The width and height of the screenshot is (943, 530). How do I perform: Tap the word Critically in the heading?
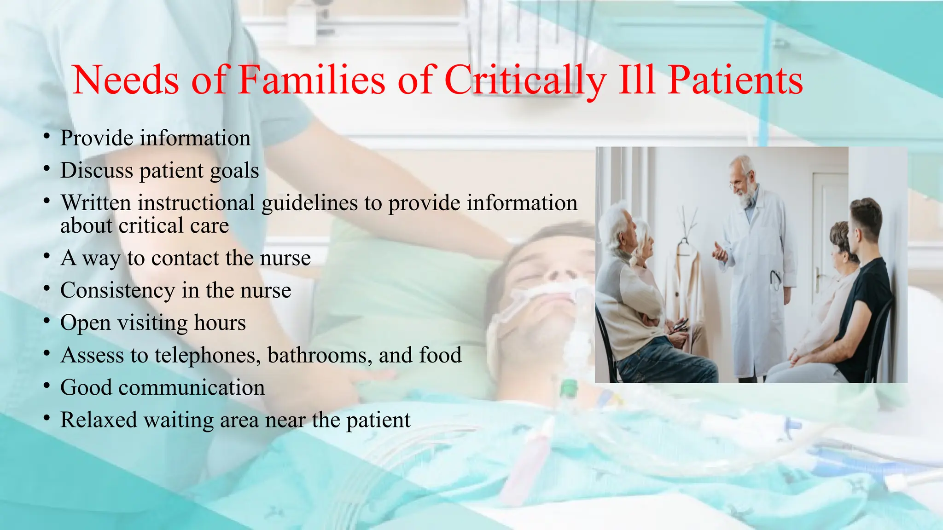pyautogui.click(x=525, y=81)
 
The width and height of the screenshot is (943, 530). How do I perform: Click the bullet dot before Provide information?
pyautogui.click(x=47, y=136)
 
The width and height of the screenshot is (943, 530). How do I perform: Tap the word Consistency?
pyautogui.click(x=117, y=291)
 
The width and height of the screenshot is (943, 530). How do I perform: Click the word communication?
pyautogui.click(x=192, y=388)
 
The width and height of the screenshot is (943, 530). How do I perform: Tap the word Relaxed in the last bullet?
pyautogui.click(x=99, y=420)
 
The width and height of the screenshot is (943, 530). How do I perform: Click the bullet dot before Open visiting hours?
pyautogui.click(x=47, y=321)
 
